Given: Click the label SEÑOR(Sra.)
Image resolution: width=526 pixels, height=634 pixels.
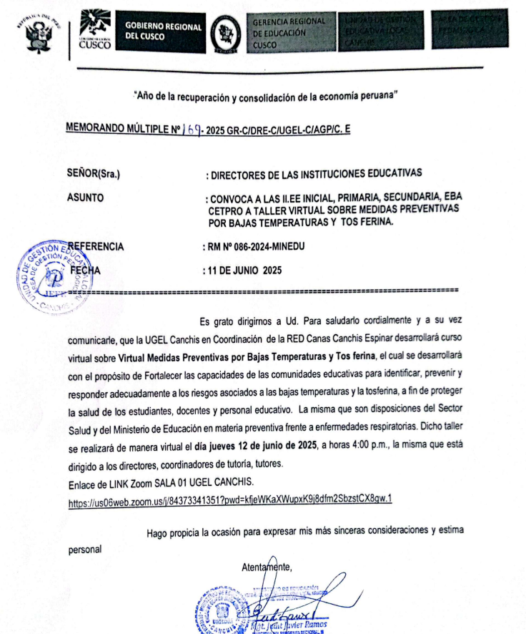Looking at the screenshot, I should click(93, 173).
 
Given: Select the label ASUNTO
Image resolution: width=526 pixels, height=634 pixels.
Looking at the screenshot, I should click(85, 197).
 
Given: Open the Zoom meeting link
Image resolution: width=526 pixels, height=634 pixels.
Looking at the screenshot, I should click(231, 500).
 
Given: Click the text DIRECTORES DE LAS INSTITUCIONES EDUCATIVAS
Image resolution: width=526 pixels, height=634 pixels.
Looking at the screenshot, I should click(314, 173).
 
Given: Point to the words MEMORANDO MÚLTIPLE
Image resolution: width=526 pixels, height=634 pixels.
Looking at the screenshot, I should click(115, 130).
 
